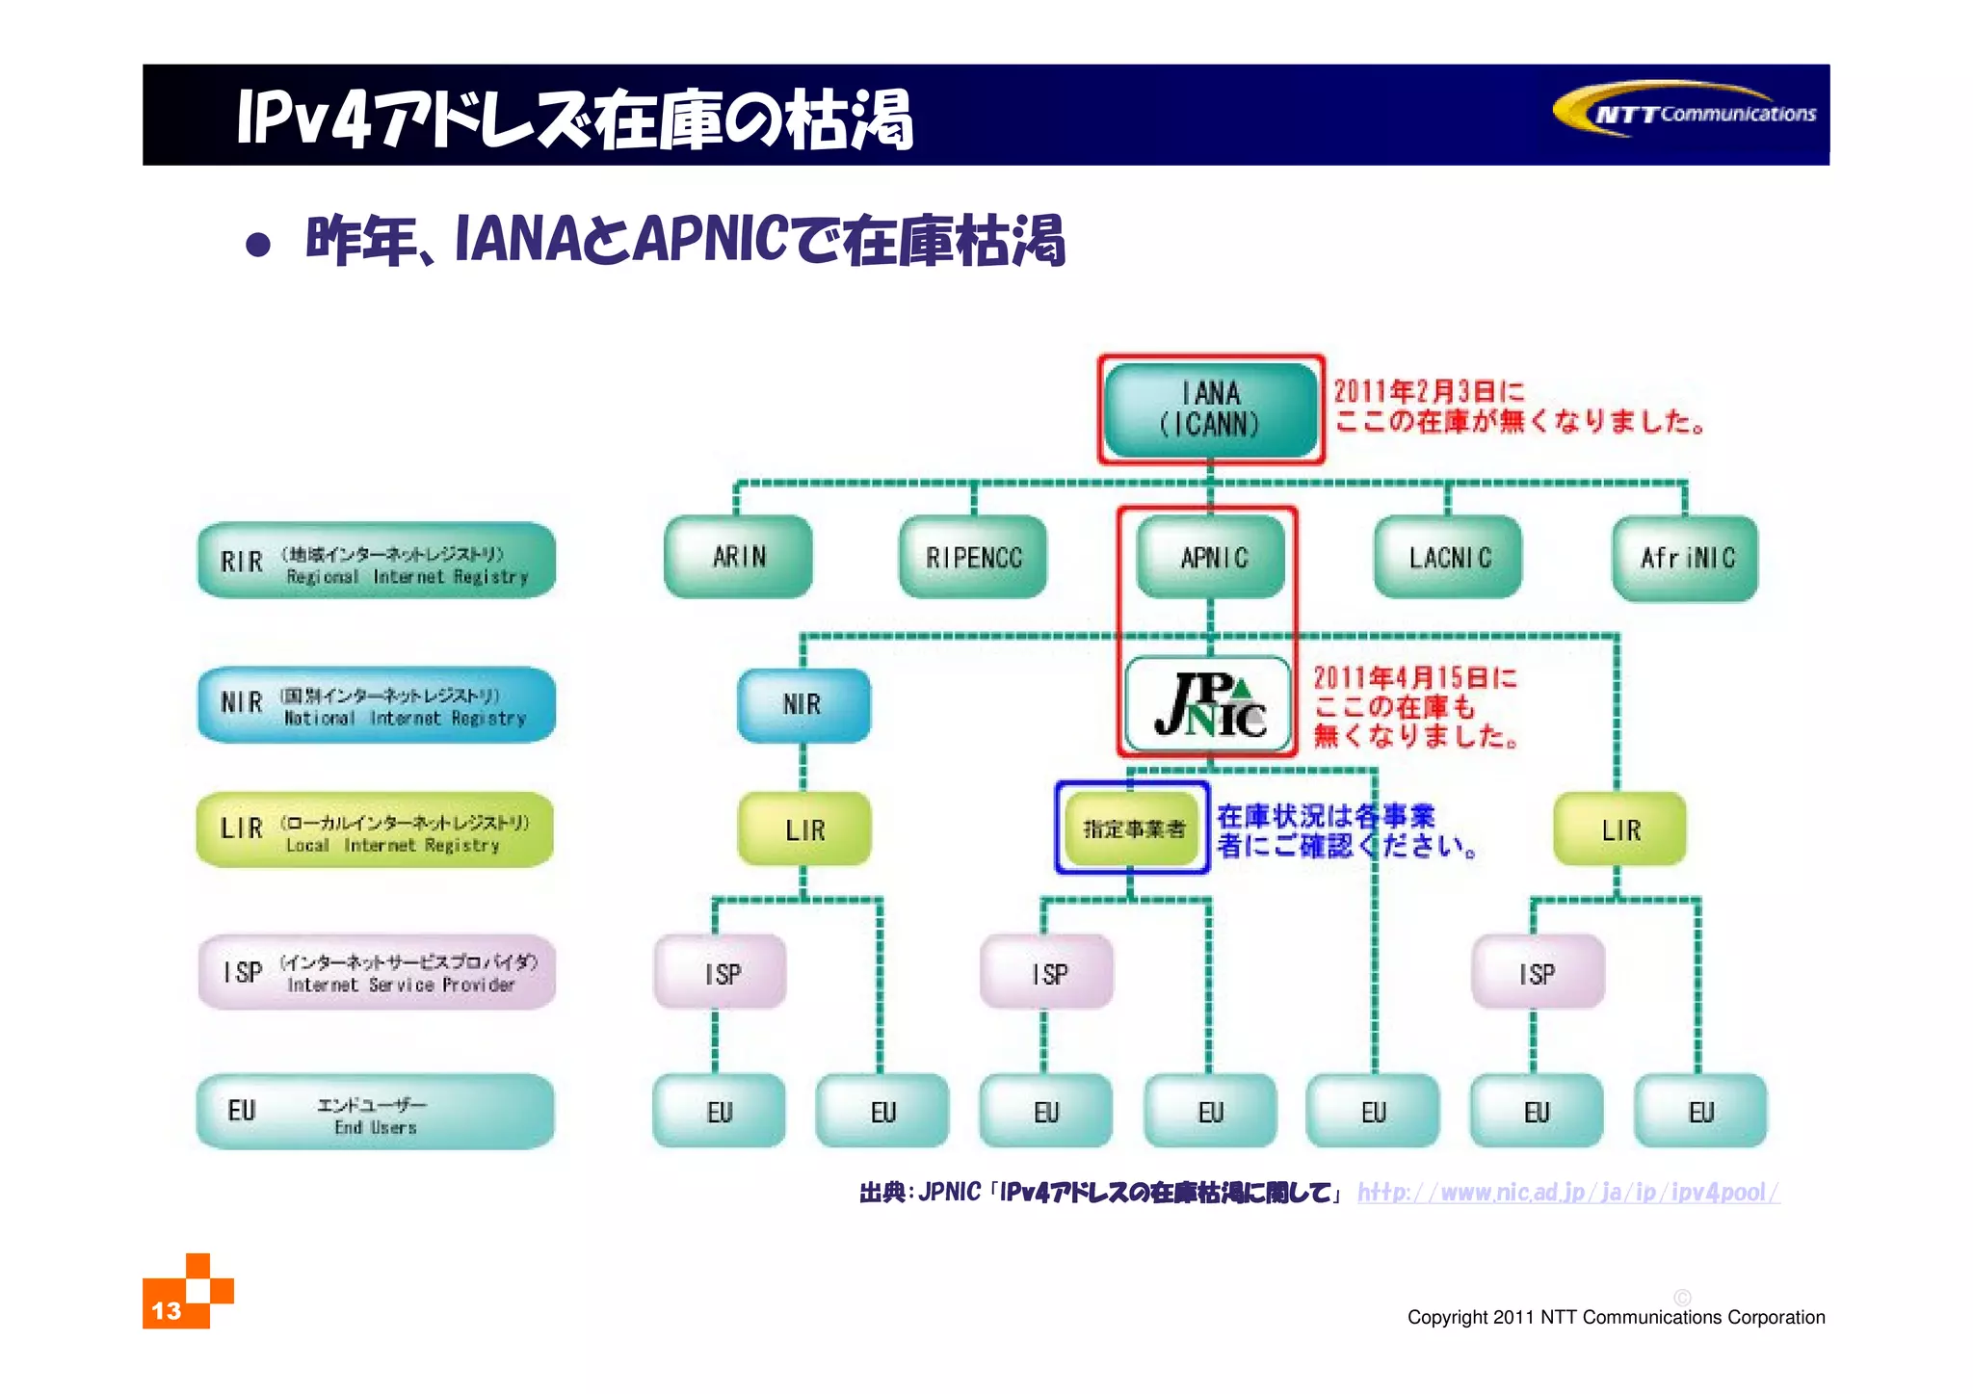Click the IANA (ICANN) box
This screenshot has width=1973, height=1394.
[1210, 409]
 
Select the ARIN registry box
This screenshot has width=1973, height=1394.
[738, 557]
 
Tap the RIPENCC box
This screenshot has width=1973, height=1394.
[973, 557]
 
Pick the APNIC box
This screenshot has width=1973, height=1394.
[1211, 557]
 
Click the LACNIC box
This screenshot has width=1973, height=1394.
[1448, 557]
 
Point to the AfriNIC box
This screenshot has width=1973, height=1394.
[1686, 558]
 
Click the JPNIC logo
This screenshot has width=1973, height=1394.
[1208, 704]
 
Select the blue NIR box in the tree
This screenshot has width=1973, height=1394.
[803, 704]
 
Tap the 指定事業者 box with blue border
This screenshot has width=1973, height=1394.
[1133, 829]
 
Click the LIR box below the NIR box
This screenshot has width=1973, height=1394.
[804, 829]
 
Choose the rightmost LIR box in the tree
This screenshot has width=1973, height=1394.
[1619, 829]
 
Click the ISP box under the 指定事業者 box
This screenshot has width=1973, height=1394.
[1047, 973]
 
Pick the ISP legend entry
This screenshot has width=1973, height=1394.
[376, 972]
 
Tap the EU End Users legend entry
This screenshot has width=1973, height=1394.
[376, 1112]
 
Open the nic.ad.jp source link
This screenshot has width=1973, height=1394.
[1567, 1193]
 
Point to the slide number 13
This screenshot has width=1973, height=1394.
[167, 1311]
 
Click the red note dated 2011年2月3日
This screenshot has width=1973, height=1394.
[1516, 407]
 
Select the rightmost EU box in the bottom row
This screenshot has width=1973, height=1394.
[1700, 1112]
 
